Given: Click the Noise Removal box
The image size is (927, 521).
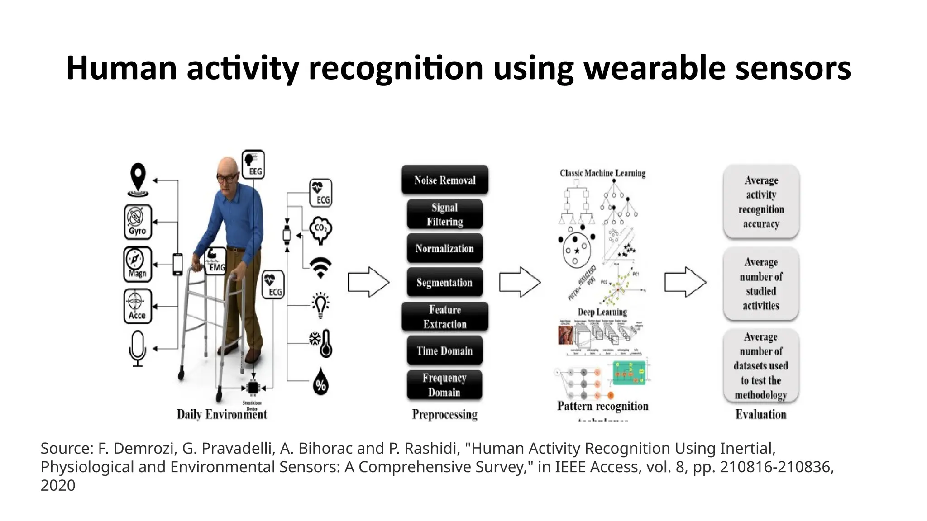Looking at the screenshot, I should pyautogui.click(x=444, y=180).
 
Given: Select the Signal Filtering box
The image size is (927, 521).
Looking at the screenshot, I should pyautogui.click(x=444, y=214).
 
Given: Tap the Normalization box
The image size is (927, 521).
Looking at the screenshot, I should pyautogui.click(x=444, y=248).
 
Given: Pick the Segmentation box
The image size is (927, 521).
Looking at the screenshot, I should pyautogui.click(x=444, y=282).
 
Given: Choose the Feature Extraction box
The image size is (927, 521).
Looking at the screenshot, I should pyautogui.click(x=444, y=317).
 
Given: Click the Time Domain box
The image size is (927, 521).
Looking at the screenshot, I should pyautogui.click(x=444, y=350).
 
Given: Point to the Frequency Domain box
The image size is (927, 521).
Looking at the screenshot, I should pyautogui.click(x=444, y=385).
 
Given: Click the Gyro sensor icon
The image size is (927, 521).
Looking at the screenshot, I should pyautogui.click(x=138, y=222).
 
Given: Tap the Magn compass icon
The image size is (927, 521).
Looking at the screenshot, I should pyautogui.click(x=138, y=264).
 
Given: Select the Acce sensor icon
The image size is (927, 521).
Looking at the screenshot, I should pyautogui.click(x=138, y=306).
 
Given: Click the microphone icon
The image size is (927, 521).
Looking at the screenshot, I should pyautogui.click(x=138, y=348).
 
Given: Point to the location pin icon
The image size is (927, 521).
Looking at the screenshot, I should pyautogui.click(x=138, y=180).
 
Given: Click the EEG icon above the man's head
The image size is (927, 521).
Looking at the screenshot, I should pyautogui.click(x=253, y=164).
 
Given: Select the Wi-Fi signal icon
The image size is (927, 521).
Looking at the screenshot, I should pyautogui.click(x=320, y=268).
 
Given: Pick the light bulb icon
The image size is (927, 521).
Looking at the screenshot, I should pyautogui.click(x=321, y=305).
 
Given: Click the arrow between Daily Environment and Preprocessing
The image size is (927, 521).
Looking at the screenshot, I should pyautogui.click(x=368, y=282).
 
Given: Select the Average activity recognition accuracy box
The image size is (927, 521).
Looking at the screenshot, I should pyautogui.click(x=761, y=202).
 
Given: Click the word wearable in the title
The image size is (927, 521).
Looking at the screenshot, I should pyautogui.click(x=654, y=68).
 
